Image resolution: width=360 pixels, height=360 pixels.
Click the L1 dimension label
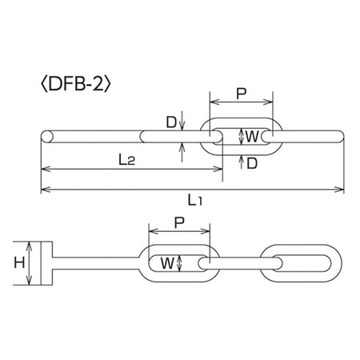195,200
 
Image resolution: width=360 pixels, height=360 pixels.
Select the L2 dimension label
126,160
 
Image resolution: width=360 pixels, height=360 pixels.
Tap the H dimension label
19,263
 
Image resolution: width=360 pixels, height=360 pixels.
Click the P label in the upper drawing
242,94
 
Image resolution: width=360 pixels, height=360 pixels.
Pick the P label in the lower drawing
179,223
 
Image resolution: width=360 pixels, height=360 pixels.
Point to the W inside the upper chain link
252,137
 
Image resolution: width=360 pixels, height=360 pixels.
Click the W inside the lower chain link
167,263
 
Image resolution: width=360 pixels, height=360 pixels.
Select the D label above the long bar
171,122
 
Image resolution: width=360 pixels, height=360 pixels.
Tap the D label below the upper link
252,163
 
